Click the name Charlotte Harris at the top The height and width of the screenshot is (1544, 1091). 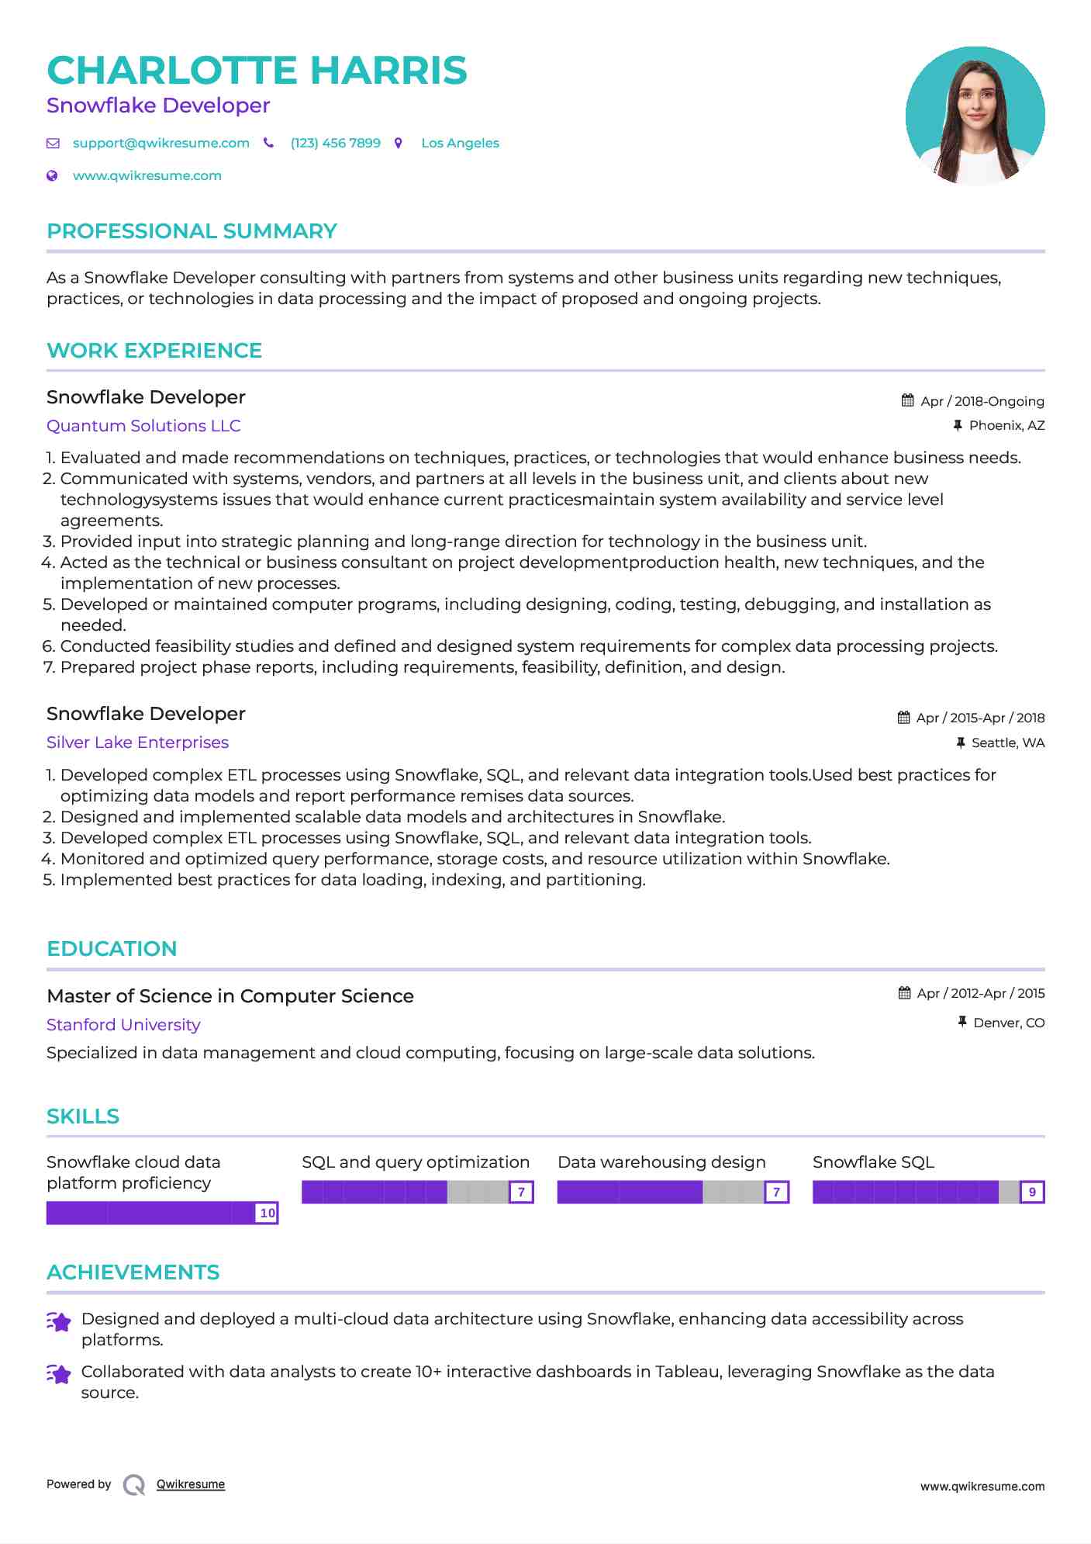tap(257, 71)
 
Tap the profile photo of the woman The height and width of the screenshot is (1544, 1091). tap(975, 116)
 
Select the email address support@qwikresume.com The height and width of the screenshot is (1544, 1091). tap(161, 143)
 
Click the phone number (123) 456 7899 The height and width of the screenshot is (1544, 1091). tap(335, 143)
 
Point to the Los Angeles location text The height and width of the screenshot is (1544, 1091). tap(460, 143)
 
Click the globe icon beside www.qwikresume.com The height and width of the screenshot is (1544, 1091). tap(52, 175)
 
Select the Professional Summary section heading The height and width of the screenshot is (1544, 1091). tap(192, 231)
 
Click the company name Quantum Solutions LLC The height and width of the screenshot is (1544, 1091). tap(143, 426)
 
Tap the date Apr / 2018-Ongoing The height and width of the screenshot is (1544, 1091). tap(982, 401)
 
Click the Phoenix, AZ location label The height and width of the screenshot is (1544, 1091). tap(1006, 425)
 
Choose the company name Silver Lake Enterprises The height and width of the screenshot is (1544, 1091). tap(137, 743)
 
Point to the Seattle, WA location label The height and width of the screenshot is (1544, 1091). tap(1007, 743)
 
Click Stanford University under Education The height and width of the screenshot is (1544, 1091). tap(123, 1025)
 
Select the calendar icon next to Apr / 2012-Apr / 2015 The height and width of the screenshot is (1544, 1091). tap(904, 993)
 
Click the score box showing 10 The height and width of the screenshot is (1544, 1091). tap(267, 1213)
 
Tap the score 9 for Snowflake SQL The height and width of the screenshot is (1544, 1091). tap(1031, 1192)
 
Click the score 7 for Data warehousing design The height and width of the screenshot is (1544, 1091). tap(776, 1192)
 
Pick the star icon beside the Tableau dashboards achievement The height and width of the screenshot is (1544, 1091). tap(59, 1374)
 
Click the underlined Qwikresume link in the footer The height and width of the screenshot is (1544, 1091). tap(190, 1484)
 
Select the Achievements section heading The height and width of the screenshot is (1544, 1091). tap(133, 1272)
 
